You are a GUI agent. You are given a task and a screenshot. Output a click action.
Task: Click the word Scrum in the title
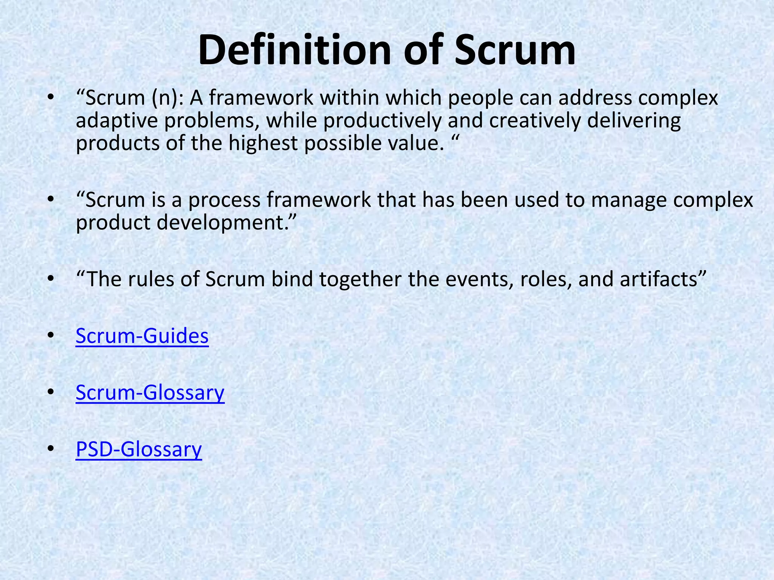click(515, 50)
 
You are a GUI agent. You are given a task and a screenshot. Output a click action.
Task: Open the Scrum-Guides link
click(142, 336)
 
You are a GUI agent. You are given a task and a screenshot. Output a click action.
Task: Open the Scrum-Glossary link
click(150, 392)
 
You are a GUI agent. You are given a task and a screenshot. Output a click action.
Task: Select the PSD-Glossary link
click(139, 449)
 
